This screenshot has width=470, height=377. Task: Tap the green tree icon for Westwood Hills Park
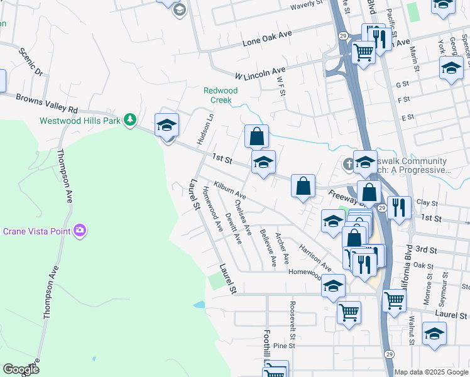pos(130,119)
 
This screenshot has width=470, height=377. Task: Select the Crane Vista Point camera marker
pos(80,231)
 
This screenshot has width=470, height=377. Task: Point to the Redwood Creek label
pos(221,95)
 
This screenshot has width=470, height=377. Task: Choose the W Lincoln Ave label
pos(260,73)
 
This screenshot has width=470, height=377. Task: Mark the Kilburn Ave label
pos(229,190)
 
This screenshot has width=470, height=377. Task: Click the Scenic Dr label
pos(30,63)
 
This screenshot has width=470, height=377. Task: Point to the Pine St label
pos(284,346)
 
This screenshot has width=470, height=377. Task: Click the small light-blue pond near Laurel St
pos(199,305)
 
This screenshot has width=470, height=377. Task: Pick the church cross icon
pos(349,163)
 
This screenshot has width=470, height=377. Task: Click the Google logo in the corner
pos(21,369)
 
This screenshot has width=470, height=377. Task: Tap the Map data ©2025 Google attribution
pos(431,372)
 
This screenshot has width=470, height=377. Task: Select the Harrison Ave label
pos(315,257)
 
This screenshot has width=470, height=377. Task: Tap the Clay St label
pos(426,203)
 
